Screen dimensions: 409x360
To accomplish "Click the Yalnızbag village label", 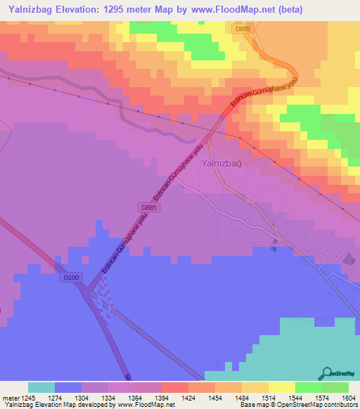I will click(221, 163).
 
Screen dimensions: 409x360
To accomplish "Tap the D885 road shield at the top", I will click(243, 28).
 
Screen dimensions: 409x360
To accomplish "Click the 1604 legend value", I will click(338, 397).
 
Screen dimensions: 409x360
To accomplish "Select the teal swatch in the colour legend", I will click(41, 387).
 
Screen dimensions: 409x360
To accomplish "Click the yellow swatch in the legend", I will click(282, 387).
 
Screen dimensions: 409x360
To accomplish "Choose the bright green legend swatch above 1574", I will click(309, 387).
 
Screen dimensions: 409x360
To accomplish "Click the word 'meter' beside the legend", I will click(10, 397).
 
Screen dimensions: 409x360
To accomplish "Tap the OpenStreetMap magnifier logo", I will click(326, 372).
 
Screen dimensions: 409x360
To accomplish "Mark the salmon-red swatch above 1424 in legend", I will click(175, 387).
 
